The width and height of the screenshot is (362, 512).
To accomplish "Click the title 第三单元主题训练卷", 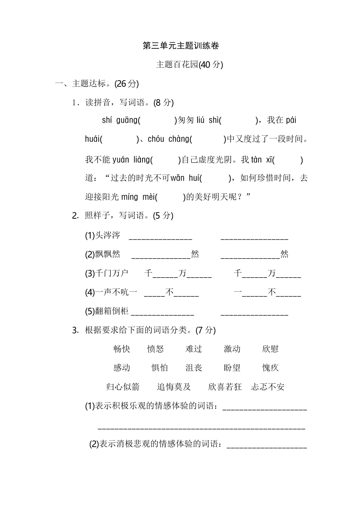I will pyautogui.click(x=181, y=46).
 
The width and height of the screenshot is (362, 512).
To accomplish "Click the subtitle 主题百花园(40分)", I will pyautogui.click(x=189, y=65).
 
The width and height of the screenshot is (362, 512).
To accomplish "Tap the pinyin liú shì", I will pyautogui.click(x=207, y=120).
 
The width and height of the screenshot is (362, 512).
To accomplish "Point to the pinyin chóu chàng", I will pyautogui.click(x=168, y=139).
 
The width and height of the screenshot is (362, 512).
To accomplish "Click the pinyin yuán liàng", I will pyautogui.click(x=131, y=160).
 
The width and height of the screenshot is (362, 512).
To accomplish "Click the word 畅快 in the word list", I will pyautogui.click(x=122, y=349).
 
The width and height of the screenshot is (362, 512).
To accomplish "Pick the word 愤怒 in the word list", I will pyautogui.click(x=155, y=349).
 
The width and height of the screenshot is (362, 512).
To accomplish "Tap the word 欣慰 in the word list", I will pyautogui.click(x=270, y=349).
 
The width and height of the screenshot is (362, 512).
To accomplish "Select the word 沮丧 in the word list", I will pyautogui.click(x=194, y=368).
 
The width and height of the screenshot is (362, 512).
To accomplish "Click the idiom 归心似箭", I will pyautogui.click(x=123, y=387).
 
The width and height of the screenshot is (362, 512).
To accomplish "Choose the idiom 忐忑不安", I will pyautogui.click(x=268, y=387).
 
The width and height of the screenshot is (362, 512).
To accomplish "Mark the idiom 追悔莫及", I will pyautogui.click(x=174, y=387).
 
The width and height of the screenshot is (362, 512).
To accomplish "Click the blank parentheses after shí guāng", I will pyautogui.click(x=157, y=120).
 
